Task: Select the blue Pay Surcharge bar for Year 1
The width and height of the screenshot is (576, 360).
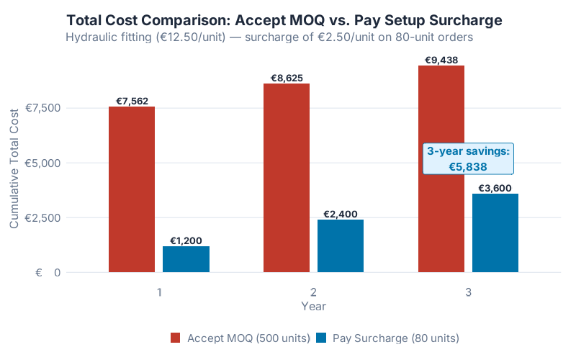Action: pyautogui.click(x=186, y=259)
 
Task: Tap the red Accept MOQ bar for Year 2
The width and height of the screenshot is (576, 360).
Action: pyautogui.click(x=287, y=178)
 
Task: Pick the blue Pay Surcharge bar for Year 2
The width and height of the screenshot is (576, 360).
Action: pyautogui.click(x=341, y=246)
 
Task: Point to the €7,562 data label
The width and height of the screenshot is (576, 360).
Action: pyautogui.click(x=132, y=101)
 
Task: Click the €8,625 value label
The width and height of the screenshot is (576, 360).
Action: pyautogui.click(x=287, y=78)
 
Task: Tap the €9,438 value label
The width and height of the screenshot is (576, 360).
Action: pyautogui.click(x=441, y=60)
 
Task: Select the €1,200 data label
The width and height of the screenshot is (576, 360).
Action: pyautogui.click(x=186, y=240)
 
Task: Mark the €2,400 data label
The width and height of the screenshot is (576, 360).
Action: pyautogui.click(x=341, y=214)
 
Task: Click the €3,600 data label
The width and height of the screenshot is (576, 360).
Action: pyautogui.click(x=495, y=188)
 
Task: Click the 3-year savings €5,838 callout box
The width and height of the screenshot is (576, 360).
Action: pyautogui.click(x=469, y=159)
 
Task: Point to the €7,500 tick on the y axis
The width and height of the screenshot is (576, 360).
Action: pyautogui.click(x=42, y=108)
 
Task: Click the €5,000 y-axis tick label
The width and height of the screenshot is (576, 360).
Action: pyautogui.click(x=42, y=163)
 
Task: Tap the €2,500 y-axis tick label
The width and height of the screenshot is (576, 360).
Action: pyautogui.click(x=42, y=217)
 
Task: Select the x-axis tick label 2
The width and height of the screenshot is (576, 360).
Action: pyautogui.click(x=313, y=292)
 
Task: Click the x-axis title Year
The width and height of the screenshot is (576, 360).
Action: pyautogui.click(x=313, y=306)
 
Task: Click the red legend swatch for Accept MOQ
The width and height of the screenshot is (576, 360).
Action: pyautogui.click(x=176, y=338)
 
